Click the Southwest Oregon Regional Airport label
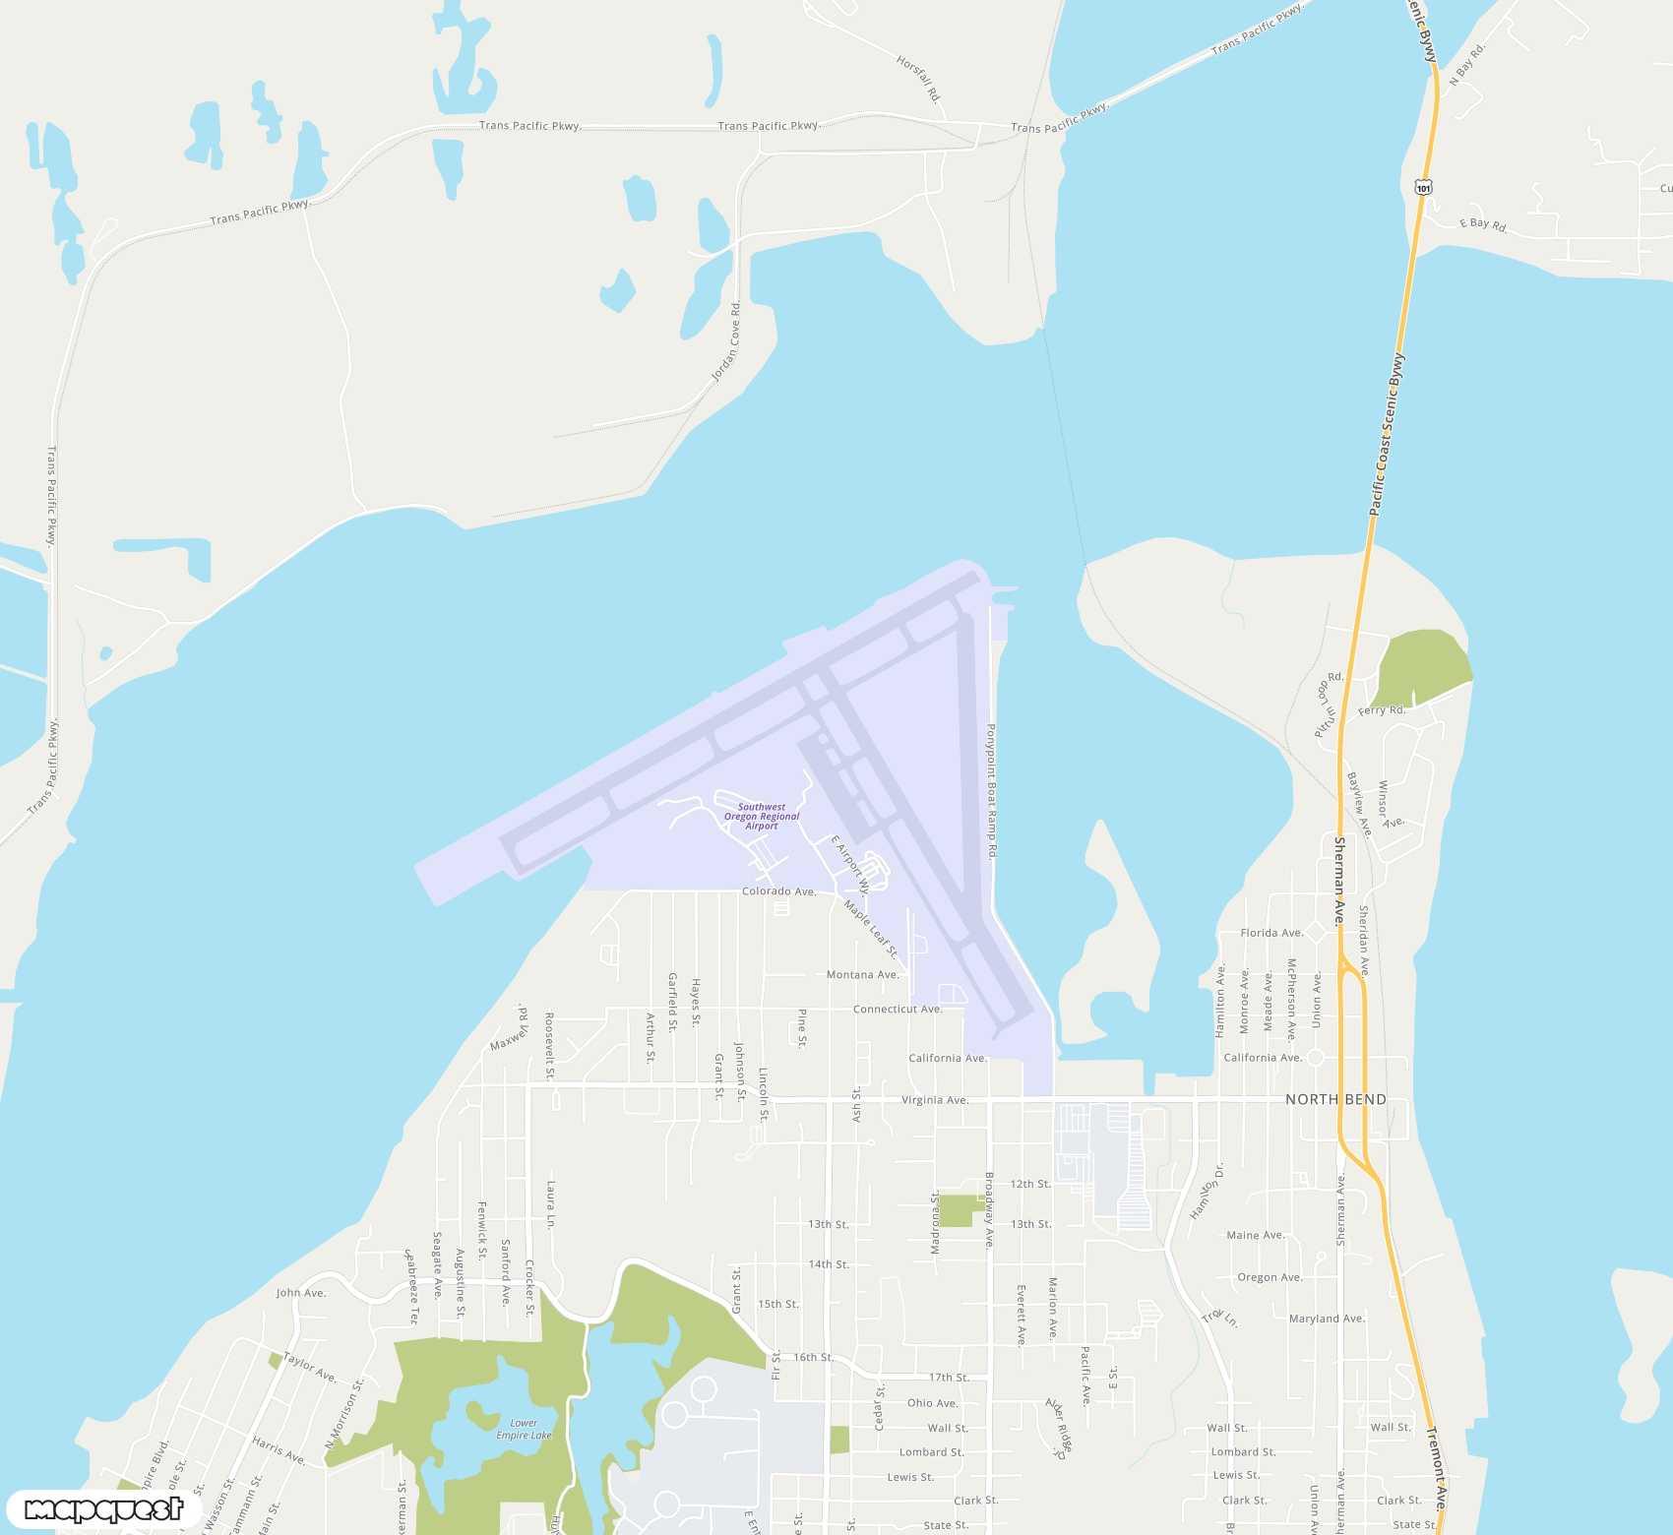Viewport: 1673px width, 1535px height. (762, 817)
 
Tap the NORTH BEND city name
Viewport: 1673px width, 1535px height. (1335, 1099)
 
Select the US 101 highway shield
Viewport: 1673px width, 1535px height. (1424, 187)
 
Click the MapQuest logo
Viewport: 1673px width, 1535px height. (104, 1509)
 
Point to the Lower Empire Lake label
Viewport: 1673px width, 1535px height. (524, 1429)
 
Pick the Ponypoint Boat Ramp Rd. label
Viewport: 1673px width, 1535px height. (992, 791)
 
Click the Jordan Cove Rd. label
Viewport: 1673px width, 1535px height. (727, 343)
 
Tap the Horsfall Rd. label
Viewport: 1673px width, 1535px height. (919, 78)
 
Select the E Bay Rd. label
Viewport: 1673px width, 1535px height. (1482, 224)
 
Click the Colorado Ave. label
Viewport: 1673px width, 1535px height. (778, 891)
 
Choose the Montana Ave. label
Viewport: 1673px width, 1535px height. (862, 975)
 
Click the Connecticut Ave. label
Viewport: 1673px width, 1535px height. (898, 1010)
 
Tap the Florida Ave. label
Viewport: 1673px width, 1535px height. (1271, 933)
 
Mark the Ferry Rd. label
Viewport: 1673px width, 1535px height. (1382, 710)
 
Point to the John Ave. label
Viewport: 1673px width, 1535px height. (300, 1293)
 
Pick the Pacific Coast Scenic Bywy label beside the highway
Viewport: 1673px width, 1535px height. (1387, 434)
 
